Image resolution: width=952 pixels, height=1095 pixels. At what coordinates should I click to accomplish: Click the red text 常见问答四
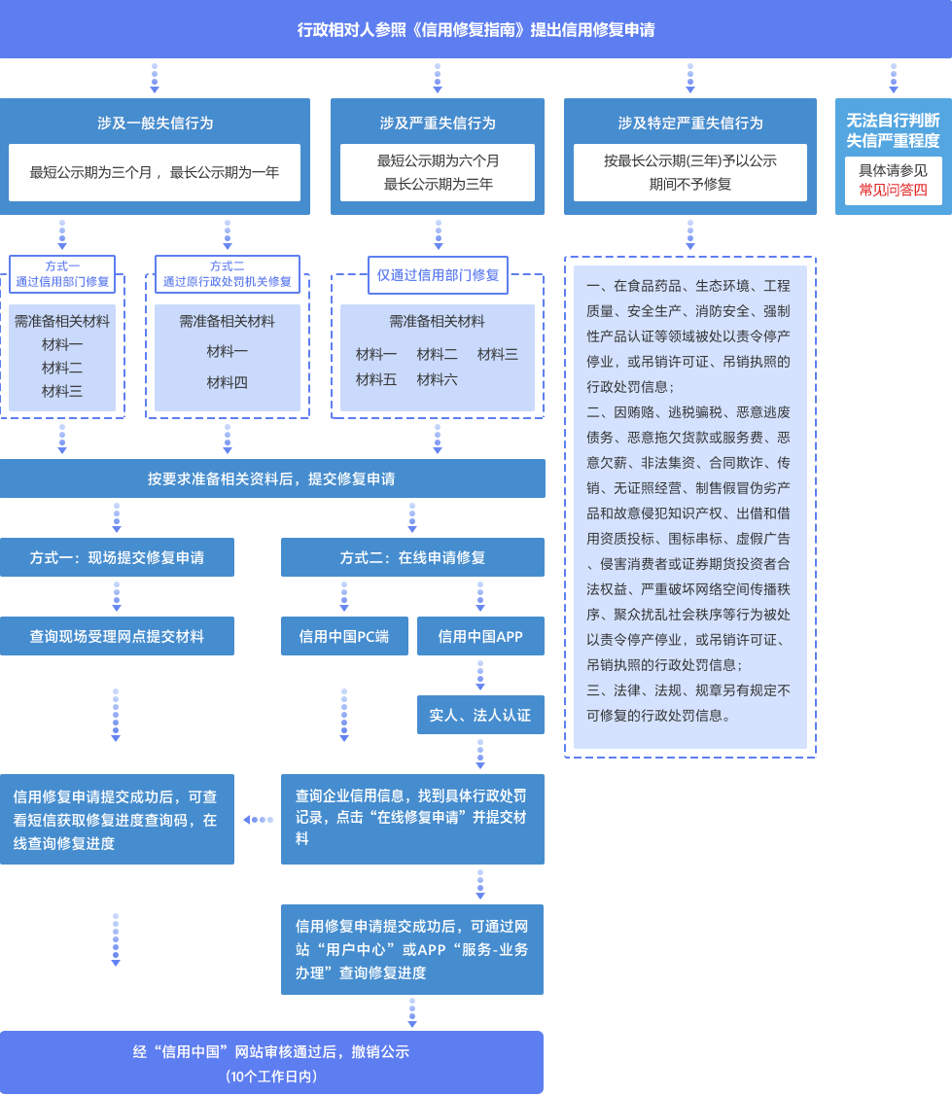click(x=893, y=191)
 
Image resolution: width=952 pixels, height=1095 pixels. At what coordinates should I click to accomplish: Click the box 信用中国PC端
click(x=344, y=636)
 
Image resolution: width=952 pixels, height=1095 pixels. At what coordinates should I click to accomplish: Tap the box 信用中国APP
click(x=480, y=636)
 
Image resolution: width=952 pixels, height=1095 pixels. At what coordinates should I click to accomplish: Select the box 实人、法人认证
click(x=480, y=715)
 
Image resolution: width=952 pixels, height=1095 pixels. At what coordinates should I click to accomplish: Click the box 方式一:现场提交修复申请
click(x=117, y=557)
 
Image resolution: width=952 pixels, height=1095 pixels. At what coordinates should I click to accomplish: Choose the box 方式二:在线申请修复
click(x=412, y=557)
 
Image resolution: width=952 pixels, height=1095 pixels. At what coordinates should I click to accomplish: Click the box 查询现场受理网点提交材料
click(x=117, y=636)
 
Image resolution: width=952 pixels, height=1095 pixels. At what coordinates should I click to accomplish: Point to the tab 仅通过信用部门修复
click(x=438, y=275)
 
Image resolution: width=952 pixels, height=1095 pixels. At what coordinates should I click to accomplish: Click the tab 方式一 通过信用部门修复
click(x=62, y=274)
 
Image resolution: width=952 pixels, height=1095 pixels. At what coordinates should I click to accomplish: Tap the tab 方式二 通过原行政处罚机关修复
click(x=228, y=274)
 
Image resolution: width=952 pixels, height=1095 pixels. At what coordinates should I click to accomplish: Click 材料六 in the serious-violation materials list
click(x=437, y=379)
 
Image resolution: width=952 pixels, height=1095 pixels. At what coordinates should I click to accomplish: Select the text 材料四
click(x=227, y=382)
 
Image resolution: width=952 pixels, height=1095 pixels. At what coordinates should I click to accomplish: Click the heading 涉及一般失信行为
click(x=155, y=124)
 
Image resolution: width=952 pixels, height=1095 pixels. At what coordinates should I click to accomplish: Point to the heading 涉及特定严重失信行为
click(x=690, y=124)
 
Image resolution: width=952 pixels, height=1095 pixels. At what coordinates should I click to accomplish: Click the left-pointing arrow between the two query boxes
click(x=257, y=820)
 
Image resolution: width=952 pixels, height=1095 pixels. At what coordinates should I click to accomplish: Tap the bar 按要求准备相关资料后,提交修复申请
click(x=272, y=478)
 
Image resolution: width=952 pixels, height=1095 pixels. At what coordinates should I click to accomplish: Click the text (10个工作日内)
click(x=271, y=1077)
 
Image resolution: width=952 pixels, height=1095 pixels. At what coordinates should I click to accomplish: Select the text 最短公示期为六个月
click(x=438, y=160)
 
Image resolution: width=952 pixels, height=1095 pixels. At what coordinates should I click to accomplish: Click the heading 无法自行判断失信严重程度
click(x=893, y=130)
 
